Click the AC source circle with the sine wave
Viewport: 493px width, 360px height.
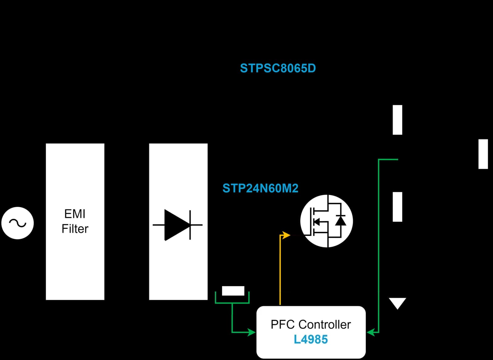pyautogui.click(x=18, y=223)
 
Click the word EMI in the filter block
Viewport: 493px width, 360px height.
pyautogui.click(x=75, y=214)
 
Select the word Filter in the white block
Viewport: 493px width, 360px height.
pyautogui.click(x=75, y=229)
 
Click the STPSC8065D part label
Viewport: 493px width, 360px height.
pyautogui.click(x=278, y=68)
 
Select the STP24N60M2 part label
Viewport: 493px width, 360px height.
pyautogui.click(x=260, y=188)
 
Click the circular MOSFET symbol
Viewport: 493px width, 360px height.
pyautogui.click(x=327, y=221)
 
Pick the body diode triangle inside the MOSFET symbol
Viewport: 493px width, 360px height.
pyautogui.click(x=340, y=220)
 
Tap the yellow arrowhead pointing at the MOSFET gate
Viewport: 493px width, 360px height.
pyautogui.click(x=286, y=235)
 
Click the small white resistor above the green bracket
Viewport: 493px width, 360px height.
pyautogui.click(x=233, y=291)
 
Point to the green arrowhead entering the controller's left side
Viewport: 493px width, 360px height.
pyautogui.click(x=251, y=332)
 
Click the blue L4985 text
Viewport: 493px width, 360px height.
pyautogui.click(x=311, y=339)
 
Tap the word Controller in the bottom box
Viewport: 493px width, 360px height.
pyautogui.click(x=325, y=325)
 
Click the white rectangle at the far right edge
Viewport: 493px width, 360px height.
pyautogui.click(x=483, y=154)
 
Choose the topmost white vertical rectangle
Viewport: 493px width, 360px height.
pyautogui.click(x=397, y=120)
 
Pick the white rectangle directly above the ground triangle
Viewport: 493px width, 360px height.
pyautogui.click(x=397, y=207)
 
